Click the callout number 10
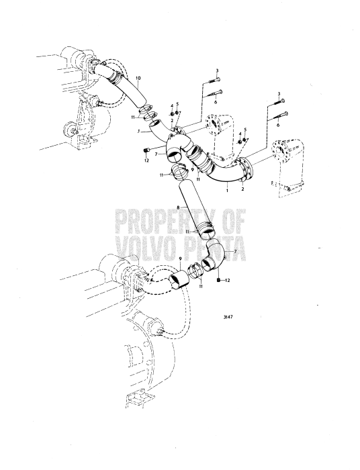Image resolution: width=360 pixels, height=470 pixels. click(138, 79)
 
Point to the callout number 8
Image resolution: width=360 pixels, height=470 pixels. click(178, 207)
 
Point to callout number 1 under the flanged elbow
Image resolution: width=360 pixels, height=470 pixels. click(227, 190)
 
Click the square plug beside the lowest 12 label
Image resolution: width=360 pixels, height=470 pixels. click(218, 280)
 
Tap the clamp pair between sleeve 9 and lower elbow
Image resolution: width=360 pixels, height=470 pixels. click(195, 271)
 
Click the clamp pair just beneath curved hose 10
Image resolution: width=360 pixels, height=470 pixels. click(148, 112)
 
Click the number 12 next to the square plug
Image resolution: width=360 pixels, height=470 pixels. click(227, 280)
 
